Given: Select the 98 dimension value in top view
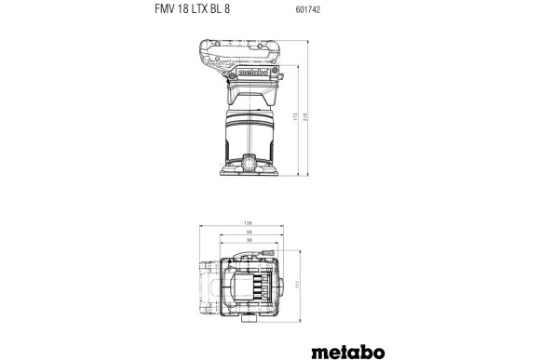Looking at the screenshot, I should [250, 233].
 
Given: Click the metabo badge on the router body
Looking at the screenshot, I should [254, 67].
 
